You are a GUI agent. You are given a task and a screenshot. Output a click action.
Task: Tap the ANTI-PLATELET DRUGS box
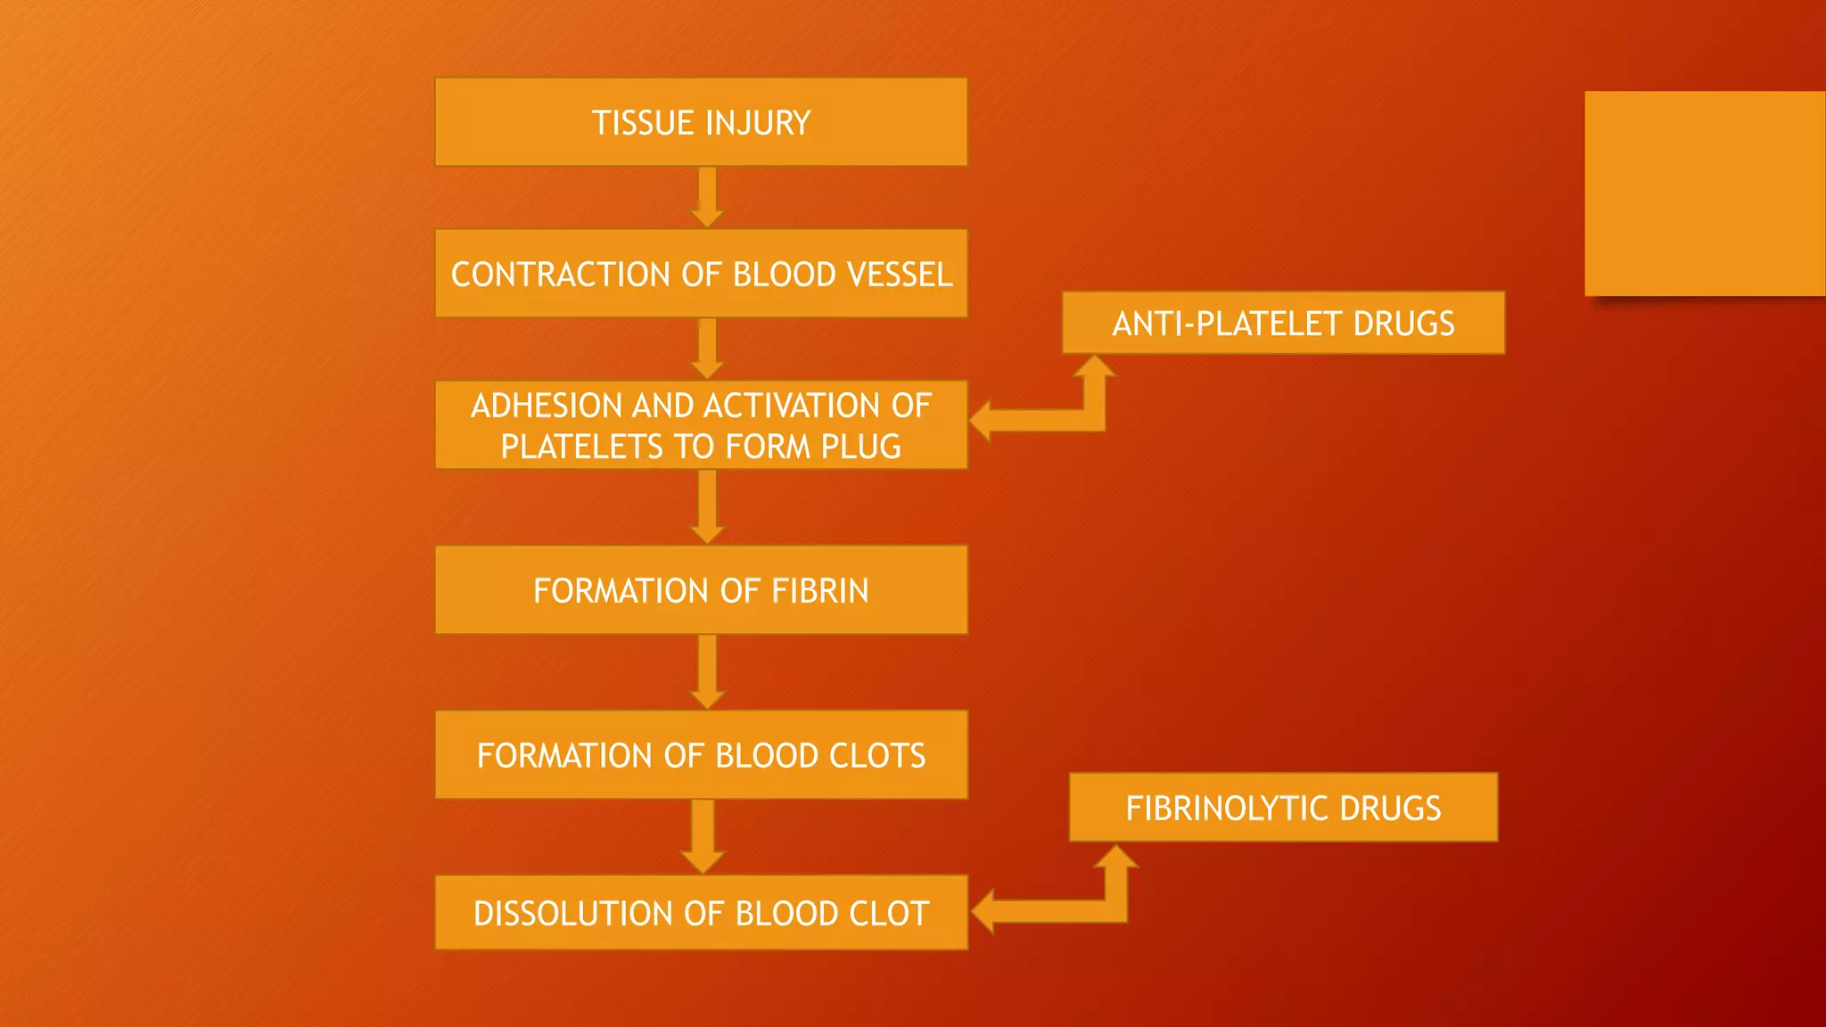[1283, 323]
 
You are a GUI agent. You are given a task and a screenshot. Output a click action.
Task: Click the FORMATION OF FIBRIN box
[701, 590]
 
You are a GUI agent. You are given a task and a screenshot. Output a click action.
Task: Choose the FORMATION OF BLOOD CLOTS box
[701, 755]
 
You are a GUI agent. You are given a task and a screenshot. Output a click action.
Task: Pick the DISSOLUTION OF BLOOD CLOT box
[701, 913]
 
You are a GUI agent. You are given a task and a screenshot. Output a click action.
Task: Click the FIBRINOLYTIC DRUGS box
[1283, 808]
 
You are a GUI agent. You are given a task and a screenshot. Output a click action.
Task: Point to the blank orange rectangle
[1704, 193]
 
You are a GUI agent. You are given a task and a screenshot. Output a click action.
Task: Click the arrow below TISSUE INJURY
[707, 196]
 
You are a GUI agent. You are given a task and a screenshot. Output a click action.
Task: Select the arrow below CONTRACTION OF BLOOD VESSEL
[707, 348]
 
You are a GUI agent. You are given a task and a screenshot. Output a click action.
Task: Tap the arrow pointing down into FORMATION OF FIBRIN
[707, 505]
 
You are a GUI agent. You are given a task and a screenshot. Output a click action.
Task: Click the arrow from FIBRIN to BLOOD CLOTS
[707, 670]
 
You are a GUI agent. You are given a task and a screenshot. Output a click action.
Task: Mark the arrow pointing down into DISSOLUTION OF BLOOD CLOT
[703, 835]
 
